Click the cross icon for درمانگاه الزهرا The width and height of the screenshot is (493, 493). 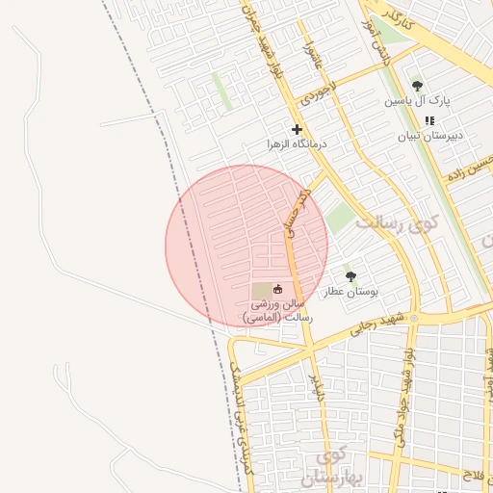tap(297, 129)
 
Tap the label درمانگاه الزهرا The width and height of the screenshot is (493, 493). tap(298, 144)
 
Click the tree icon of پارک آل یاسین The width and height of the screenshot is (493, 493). tap(417, 86)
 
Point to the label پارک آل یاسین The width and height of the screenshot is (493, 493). tap(418, 100)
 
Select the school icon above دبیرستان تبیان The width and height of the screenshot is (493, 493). tap(429, 120)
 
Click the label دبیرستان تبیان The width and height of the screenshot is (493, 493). tap(430, 136)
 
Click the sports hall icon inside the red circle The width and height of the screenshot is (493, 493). tap(278, 288)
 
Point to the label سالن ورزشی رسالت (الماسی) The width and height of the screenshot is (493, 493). tap(272, 309)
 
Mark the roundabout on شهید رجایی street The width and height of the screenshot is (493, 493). tap(414, 318)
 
